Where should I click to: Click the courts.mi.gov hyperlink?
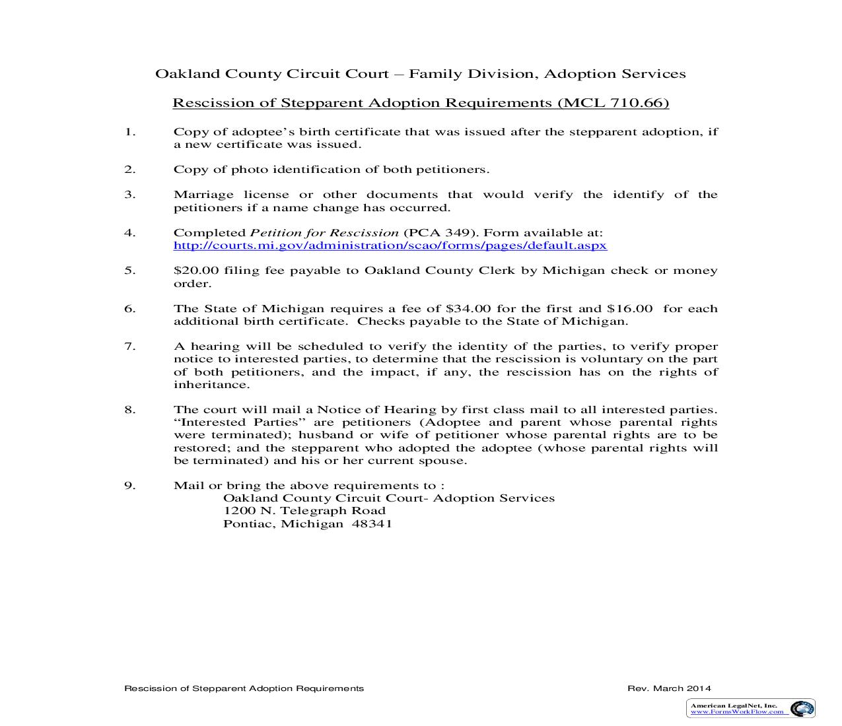(390, 246)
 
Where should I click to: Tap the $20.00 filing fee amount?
(192, 271)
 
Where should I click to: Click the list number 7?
(129, 346)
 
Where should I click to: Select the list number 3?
(129, 195)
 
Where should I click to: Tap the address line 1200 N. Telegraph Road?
(304, 511)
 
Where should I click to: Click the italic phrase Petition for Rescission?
(324, 233)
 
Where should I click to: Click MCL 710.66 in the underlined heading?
(614, 103)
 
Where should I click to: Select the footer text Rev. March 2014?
(669, 688)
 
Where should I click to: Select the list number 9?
(129, 486)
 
